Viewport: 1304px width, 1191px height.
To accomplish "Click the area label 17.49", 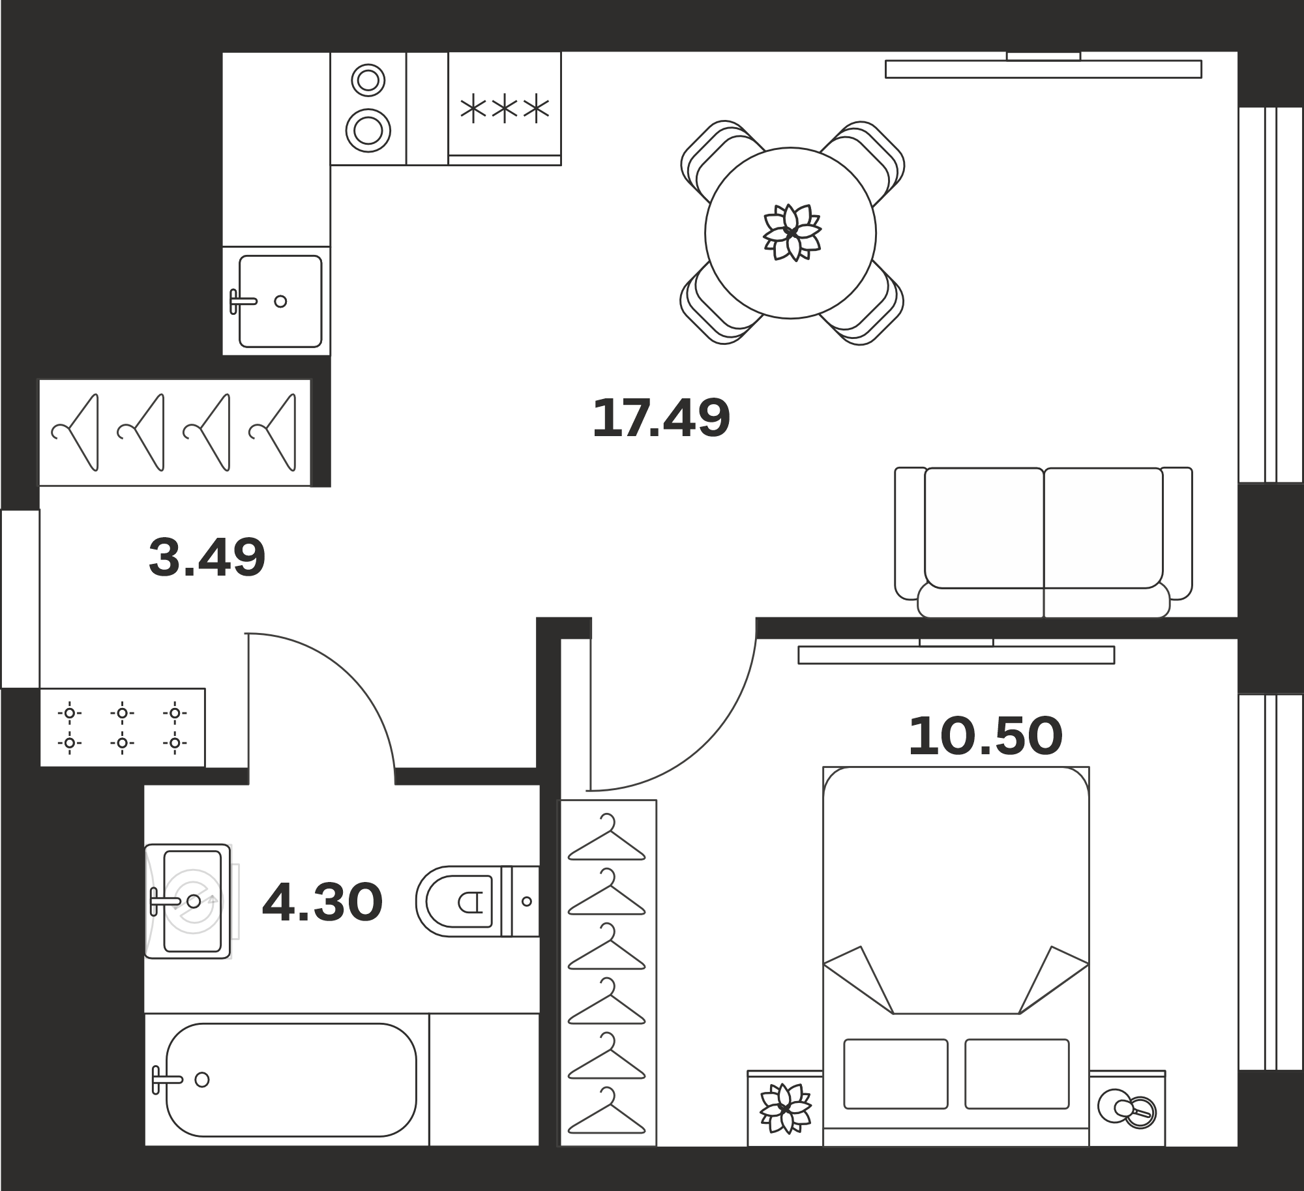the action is pyautogui.click(x=660, y=418).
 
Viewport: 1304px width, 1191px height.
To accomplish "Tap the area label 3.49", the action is pyautogui.click(x=207, y=557).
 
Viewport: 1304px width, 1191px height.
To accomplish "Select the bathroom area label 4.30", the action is pyautogui.click(x=322, y=903).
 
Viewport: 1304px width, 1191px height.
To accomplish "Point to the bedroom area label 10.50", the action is pyautogui.click(x=985, y=736).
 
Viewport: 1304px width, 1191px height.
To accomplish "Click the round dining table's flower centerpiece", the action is pyautogui.click(x=792, y=233).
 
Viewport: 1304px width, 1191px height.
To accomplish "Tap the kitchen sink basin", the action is pyautogui.click(x=280, y=301).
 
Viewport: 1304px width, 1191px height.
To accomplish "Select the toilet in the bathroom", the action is pyautogui.click(x=478, y=902).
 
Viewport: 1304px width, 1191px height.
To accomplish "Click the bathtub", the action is pyautogui.click(x=291, y=1080).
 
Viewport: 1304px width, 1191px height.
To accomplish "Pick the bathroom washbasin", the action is pyautogui.click(x=188, y=902).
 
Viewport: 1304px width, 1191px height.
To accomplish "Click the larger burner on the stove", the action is pyautogui.click(x=368, y=130).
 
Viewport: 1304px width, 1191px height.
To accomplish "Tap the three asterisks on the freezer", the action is pyautogui.click(x=505, y=110).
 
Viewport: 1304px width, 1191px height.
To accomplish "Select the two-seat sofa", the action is pyautogui.click(x=1043, y=542).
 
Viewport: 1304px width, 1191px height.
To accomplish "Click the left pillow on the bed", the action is pyautogui.click(x=895, y=1074).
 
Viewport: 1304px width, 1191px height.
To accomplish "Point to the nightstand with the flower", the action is pyautogui.click(x=785, y=1109).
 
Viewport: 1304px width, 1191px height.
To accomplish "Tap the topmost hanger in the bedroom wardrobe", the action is pyautogui.click(x=606, y=837).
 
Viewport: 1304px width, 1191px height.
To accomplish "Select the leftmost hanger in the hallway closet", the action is pyautogui.click(x=75, y=432).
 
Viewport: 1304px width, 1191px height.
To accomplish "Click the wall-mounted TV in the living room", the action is pyautogui.click(x=1043, y=68).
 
